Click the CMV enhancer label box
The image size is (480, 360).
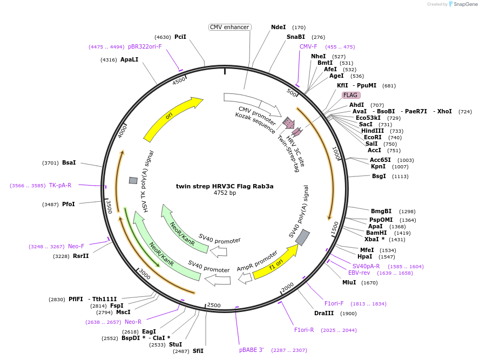229,27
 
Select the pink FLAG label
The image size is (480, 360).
350,95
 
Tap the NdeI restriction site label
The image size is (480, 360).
278,27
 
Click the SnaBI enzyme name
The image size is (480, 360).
296,37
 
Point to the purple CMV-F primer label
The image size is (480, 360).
308,46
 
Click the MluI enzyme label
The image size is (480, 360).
349,283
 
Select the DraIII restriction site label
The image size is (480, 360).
324,313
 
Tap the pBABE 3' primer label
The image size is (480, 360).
251,350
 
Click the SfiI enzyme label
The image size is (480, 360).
198,351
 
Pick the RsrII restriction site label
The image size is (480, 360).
80,256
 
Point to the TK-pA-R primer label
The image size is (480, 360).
60,186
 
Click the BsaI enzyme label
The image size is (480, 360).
69,162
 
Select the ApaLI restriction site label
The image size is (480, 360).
129,59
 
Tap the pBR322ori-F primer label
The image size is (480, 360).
145,47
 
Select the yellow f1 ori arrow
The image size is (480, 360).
275,262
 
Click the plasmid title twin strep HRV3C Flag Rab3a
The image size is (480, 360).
225,186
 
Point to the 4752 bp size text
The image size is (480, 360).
225,193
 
